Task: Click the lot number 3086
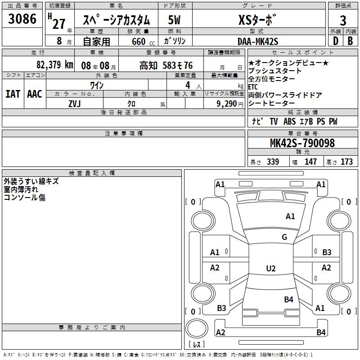tap(22, 19)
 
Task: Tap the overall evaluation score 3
tap(343, 21)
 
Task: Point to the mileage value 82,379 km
tap(54, 65)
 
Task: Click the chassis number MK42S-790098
tap(302, 143)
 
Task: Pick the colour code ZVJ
tap(74, 103)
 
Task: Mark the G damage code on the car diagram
tap(284, 237)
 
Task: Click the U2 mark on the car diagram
tap(270, 269)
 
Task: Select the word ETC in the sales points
tap(253, 87)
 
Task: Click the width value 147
tap(310, 162)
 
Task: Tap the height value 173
tap(346, 162)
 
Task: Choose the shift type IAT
tap(13, 94)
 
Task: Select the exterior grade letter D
tap(335, 41)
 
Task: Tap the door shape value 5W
tap(174, 20)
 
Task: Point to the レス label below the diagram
tap(196, 345)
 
